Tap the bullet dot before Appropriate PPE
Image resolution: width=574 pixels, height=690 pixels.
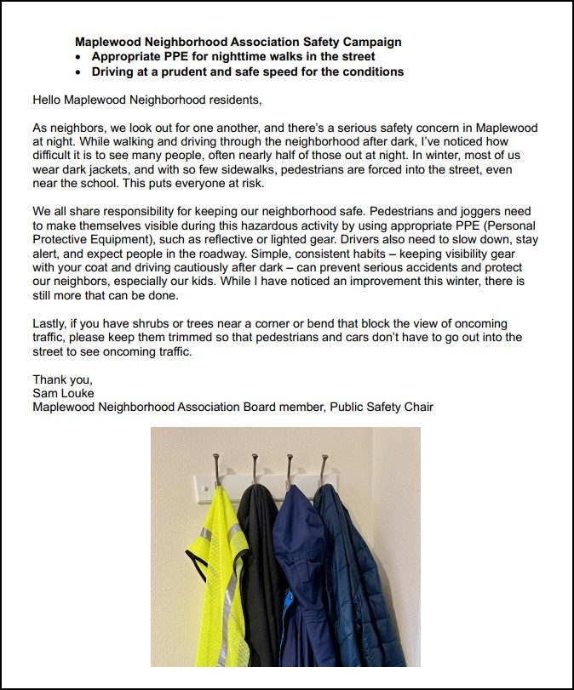pos(79,56)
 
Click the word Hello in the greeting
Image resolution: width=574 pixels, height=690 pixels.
pos(48,100)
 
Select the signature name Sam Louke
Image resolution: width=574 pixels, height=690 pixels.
pos(62,393)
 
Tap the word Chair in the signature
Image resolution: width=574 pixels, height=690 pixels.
pos(416,407)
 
